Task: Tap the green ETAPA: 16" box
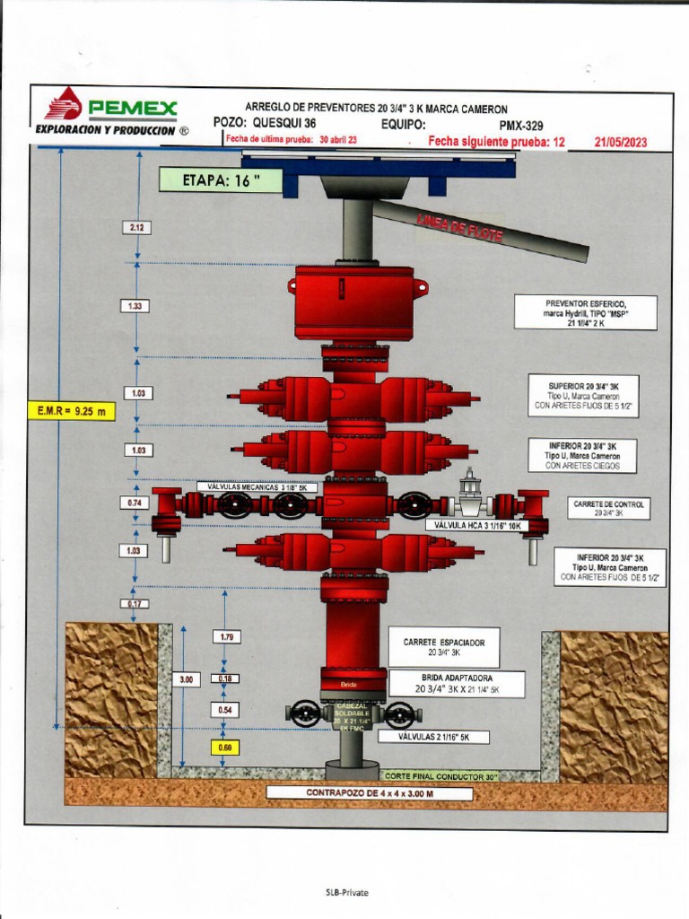pyautogui.click(x=221, y=179)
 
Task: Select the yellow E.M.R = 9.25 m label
pyautogui.click(x=71, y=411)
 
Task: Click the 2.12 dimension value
pyautogui.click(x=136, y=228)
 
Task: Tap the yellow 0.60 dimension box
pyautogui.click(x=225, y=747)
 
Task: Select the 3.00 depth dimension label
pyautogui.click(x=187, y=680)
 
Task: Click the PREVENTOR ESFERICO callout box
pyautogui.click(x=586, y=312)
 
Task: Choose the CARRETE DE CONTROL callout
pyautogui.click(x=608, y=509)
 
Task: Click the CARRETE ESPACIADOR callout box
pyautogui.click(x=444, y=647)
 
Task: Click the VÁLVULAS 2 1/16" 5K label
pyautogui.click(x=445, y=737)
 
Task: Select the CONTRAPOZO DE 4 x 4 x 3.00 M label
pyautogui.click(x=370, y=792)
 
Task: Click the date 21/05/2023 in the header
pyautogui.click(x=620, y=142)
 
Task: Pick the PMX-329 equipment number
pyautogui.click(x=520, y=126)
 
